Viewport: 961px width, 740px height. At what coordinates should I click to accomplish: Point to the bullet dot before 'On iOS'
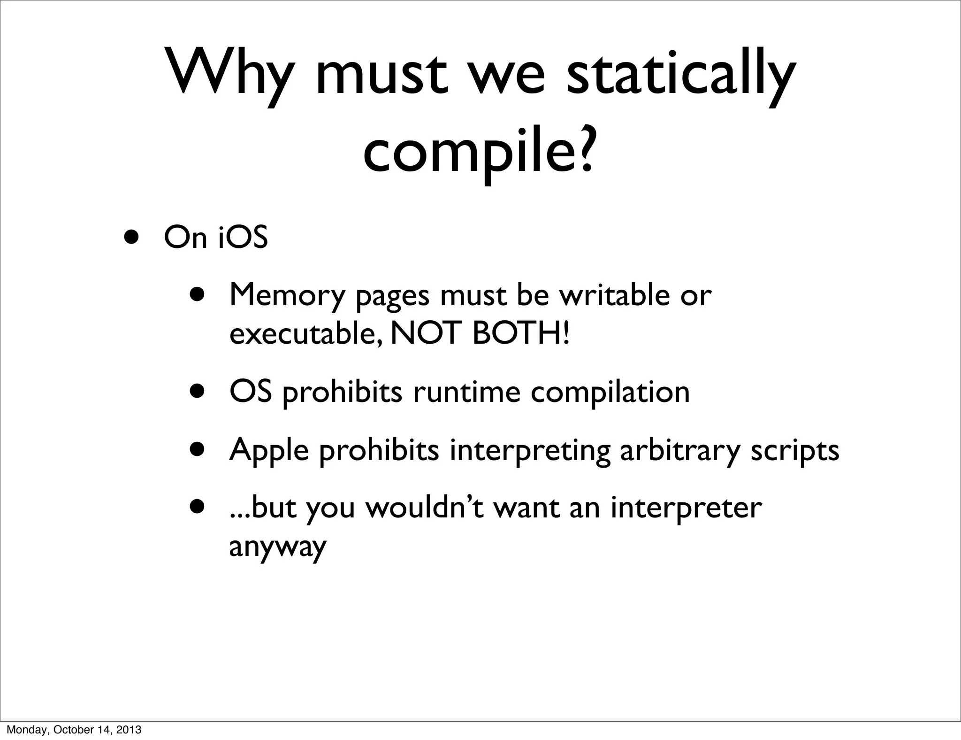click(x=131, y=236)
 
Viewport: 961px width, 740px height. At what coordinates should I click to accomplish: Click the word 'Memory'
click(x=287, y=296)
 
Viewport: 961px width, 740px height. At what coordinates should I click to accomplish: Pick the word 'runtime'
click(x=466, y=392)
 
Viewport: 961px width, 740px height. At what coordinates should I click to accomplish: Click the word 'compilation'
click(x=610, y=393)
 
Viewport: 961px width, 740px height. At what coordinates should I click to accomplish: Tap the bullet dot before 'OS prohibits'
click(x=198, y=390)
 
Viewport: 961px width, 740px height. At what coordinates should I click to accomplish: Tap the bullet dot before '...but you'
click(x=198, y=507)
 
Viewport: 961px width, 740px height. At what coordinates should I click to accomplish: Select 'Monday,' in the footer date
click(x=21, y=730)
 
